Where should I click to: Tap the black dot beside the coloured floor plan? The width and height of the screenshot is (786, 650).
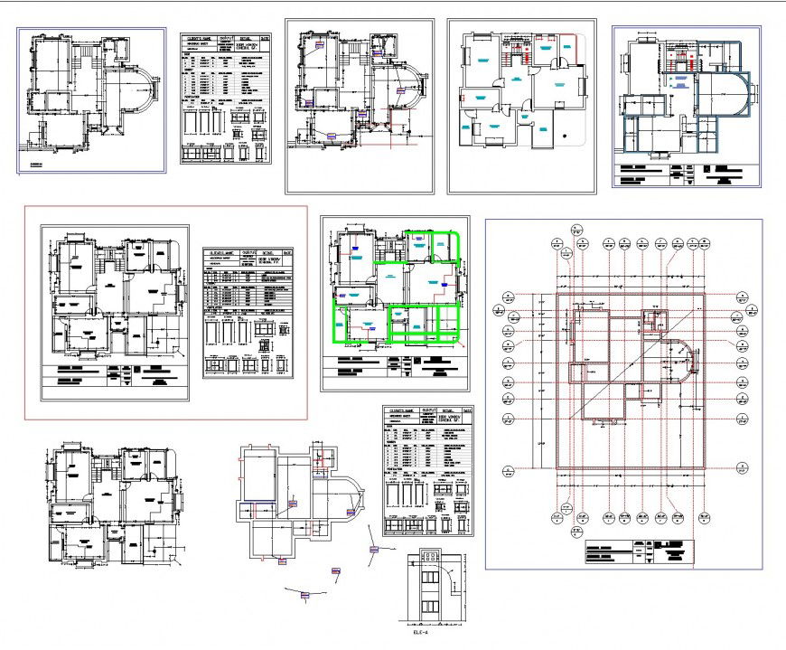pos(566,136)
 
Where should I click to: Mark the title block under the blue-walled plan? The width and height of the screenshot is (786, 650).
pos(687,174)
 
